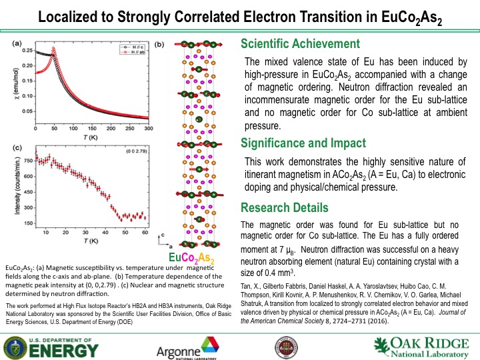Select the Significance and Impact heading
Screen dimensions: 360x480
click(x=303, y=143)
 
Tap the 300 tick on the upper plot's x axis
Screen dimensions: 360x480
click(x=148, y=127)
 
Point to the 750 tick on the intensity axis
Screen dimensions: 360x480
click(x=28, y=161)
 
